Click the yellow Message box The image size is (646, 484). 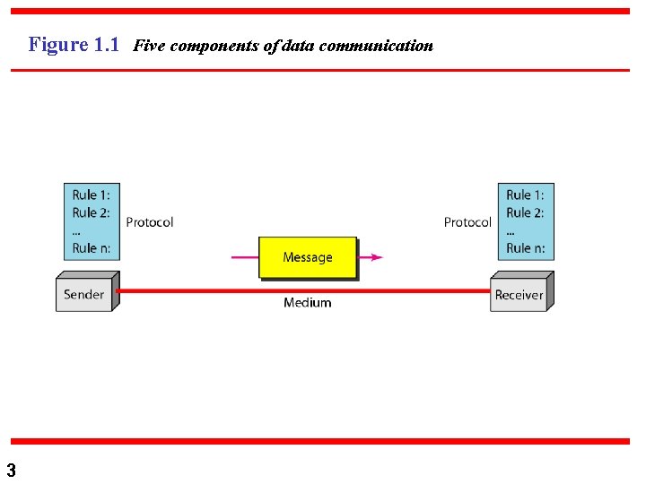(x=308, y=257)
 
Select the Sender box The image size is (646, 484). (x=83, y=294)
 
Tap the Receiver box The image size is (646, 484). (x=519, y=295)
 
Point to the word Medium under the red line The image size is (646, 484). (x=307, y=303)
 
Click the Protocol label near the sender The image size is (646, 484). (x=149, y=222)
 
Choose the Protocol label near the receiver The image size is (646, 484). (x=467, y=222)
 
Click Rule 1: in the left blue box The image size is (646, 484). (x=92, y=195)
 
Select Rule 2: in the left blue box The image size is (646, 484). (x=92, y=213)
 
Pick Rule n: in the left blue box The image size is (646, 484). (x=92, y=248)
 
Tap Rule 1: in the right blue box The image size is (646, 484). (x=525, y=195)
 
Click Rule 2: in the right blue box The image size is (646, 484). (x=525, y=213)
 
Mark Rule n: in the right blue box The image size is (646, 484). (x=525, y=248)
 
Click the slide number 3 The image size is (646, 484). (x=11, y=470)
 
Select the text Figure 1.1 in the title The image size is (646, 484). (x=74, y=45)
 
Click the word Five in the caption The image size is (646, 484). (x=149, y=46)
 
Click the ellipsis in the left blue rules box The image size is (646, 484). (x=77, y=230)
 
